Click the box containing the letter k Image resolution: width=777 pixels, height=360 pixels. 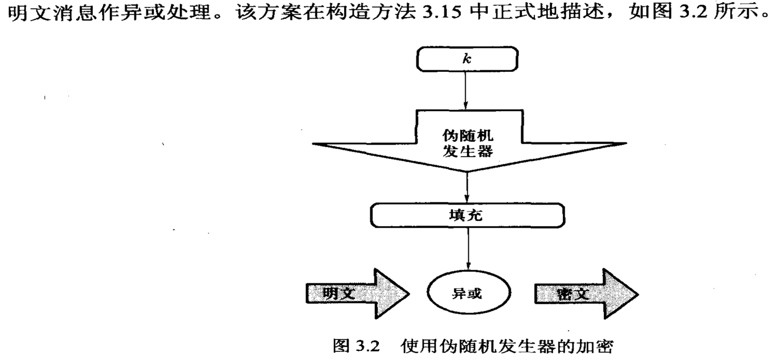click(x=467, y=58)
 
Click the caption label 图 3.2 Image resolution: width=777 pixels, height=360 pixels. click(x=355, y=346)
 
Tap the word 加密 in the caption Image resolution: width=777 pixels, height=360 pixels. click(x=598, y=346)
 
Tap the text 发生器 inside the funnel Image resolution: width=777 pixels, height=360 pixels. click(x=467, y=153)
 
